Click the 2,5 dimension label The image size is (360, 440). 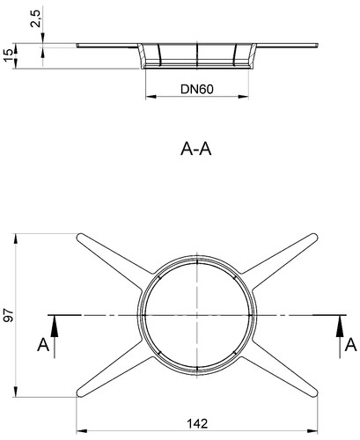coord(37,18)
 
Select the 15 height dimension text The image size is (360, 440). coord(8,55)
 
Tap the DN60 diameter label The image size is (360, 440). coord(197,89)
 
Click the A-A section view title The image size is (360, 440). coord(196,149)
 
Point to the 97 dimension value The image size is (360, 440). coord(9,315)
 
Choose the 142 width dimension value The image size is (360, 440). coord(197,423)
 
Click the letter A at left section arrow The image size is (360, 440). coord(43,345)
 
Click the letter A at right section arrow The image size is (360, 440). coord(350,345)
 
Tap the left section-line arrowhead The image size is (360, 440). coord(55,326)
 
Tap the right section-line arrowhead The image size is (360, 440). coord(340,326)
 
